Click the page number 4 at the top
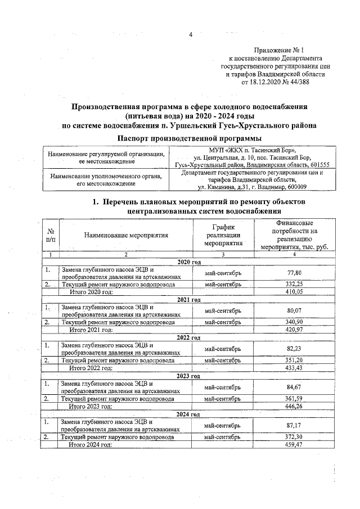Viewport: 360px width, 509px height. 190,35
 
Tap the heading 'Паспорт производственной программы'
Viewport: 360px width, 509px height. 189,138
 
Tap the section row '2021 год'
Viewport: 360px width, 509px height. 189,300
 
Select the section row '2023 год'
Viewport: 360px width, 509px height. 189,376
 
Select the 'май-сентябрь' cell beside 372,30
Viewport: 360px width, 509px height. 223,436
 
